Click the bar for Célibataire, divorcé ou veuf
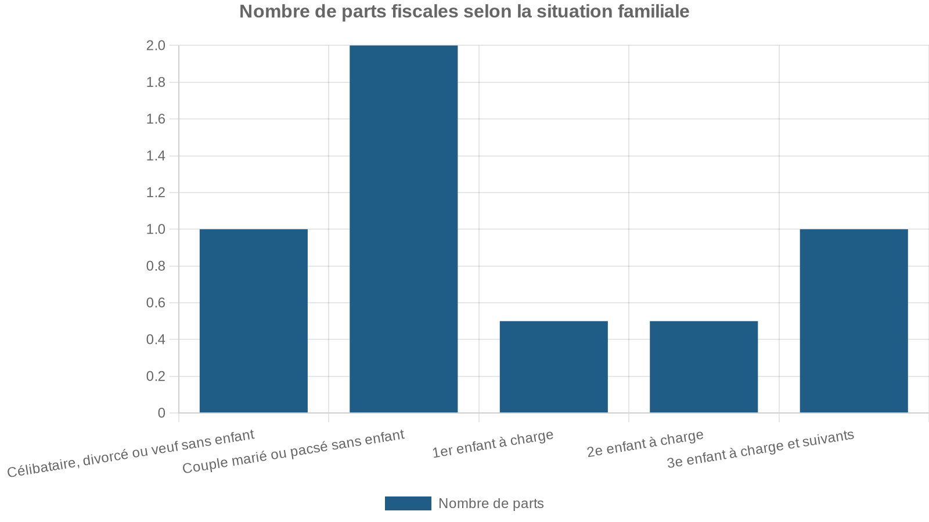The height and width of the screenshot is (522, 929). tap(253, 321)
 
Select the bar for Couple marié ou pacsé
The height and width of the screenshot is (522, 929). tap(404, 229)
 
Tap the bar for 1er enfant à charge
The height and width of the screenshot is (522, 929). tap(553, 367)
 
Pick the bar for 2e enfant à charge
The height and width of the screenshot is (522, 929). tap(704, 367)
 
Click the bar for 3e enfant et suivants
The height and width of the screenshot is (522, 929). tap(854, 321)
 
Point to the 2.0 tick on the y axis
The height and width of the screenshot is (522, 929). tap(156, 46)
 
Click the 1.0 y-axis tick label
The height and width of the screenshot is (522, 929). tap(156, 230)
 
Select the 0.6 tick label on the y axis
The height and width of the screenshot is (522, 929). tap(156, 303)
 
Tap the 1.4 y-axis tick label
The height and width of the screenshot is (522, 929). tap(156, 156)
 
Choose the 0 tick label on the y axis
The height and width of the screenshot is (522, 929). tap(161, 413)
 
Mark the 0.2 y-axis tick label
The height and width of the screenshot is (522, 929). tap(156, 376)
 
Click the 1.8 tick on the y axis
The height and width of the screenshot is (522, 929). tap(156, 82)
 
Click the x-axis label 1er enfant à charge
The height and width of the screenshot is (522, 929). tap(493, 444)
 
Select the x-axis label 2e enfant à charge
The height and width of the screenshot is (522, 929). tap(645, 444)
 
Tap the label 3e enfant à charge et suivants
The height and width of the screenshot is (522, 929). tap(761, 448)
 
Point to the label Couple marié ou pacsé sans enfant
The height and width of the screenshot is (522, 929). tap(293, 452)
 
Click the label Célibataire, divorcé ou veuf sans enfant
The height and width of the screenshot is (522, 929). tap(131, 454)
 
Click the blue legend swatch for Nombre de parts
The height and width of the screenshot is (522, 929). tap(408, 503)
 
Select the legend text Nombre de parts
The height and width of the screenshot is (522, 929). tap(491, 503)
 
